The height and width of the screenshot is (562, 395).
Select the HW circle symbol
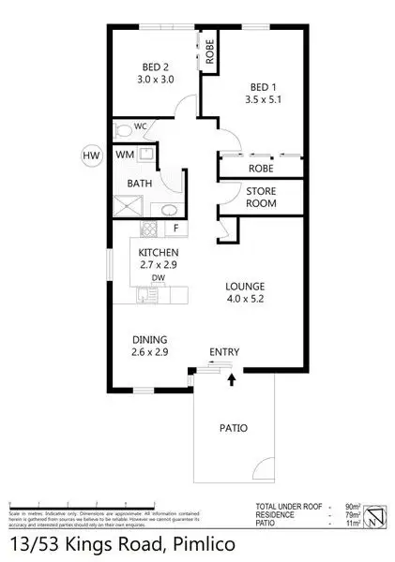91,155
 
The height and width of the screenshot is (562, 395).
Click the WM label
125,154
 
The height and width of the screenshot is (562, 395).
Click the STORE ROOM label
261,198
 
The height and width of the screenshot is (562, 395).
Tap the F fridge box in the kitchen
175,228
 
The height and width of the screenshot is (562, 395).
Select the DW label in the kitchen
160,277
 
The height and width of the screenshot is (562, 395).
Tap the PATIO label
233,429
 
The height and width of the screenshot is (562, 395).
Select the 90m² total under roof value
348,506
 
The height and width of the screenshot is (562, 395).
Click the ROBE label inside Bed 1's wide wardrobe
260,169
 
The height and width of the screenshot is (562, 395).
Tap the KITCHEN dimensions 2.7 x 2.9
159,266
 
